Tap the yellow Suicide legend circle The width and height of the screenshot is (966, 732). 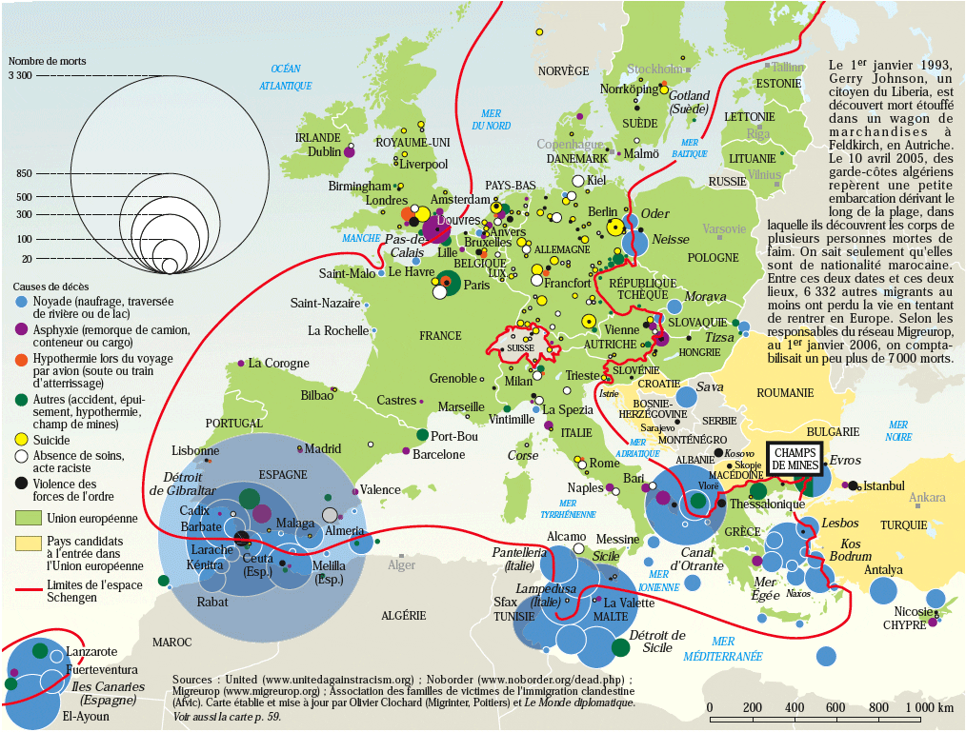click(x=20, y=441)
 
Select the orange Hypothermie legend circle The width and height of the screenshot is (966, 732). click(x=20, y=359)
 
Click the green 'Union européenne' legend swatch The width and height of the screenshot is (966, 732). click(x=29, y=518)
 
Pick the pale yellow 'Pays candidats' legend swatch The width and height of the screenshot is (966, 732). click(x=29, y=542)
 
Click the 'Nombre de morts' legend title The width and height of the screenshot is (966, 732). click(x=47, y=61)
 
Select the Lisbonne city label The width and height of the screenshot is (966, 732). click(x=195, y=450)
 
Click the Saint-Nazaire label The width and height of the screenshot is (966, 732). click(x=325, y=303)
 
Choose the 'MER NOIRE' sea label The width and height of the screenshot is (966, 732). click(x=897, y=430)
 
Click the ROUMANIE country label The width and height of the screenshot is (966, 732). click(x=785, y=392)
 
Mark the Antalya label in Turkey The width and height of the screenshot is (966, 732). click(x=883, y=570)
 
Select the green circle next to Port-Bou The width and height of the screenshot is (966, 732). click(x=422, y=435)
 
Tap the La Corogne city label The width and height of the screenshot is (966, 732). click(x=278, y=364)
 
